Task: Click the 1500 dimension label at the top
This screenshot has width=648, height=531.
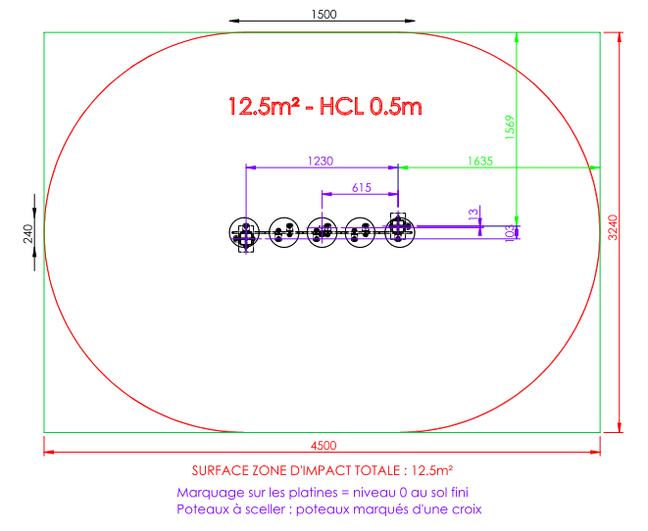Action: coord(324,15)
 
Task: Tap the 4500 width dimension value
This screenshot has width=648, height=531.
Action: coord(324,446)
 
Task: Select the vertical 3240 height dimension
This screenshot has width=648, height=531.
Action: coord(613,227)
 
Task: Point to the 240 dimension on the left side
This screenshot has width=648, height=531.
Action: coord(27,234)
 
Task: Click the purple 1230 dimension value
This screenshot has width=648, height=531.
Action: coord(321,161)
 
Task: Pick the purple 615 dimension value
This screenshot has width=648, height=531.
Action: coord(361,188)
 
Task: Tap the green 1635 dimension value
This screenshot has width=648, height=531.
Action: coord(479,161)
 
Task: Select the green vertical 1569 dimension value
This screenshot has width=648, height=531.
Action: coord(510,127)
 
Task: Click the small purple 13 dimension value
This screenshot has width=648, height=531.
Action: coord(474,214)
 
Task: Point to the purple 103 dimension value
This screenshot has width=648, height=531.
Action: coord(510,233)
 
